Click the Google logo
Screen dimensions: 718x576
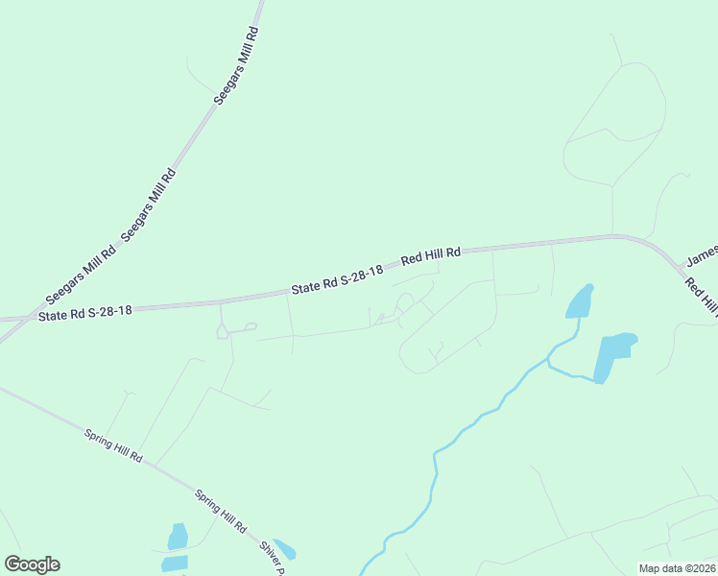click(x=32, y=564)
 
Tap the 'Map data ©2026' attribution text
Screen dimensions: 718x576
click(x=676, y=568)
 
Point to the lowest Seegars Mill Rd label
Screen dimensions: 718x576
click(x=81, y=273)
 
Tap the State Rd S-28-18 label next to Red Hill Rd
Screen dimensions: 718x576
click(x=337, y=279)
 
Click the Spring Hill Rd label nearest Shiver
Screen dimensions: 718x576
click(x=221, y=512)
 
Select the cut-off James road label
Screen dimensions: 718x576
click(x=701, y=255)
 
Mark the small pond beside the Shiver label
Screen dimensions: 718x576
click(x=285, y=549)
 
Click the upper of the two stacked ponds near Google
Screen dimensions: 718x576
click(x=179, y=537)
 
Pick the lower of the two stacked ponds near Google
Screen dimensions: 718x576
click(x=174, y=564)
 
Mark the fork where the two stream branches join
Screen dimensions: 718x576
click(x=549, y=359)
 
